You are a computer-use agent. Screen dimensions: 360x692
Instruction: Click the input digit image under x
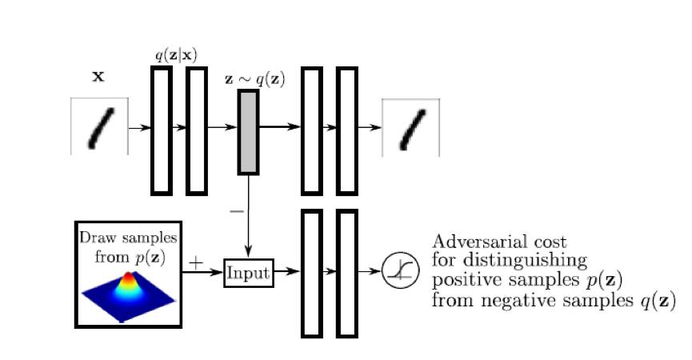coord(99,126)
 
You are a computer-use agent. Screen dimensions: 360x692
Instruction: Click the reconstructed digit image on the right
coord(411,127)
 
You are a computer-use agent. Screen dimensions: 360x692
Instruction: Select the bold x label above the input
coord(98,77)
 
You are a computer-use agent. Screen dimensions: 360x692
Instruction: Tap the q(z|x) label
coord(175,55)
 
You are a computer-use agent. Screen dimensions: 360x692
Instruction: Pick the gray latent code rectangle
coord(248,132)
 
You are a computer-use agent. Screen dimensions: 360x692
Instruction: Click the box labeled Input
coord(248,272)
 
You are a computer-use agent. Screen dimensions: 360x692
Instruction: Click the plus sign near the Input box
coord(196,262)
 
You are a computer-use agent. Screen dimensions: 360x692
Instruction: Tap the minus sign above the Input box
coord(236,212)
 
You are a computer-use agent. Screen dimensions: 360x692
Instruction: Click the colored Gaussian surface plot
coord(128,294)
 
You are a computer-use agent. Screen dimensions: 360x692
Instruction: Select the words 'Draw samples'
coord(128,240)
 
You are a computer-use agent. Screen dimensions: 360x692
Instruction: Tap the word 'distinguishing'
coord(521,261)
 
